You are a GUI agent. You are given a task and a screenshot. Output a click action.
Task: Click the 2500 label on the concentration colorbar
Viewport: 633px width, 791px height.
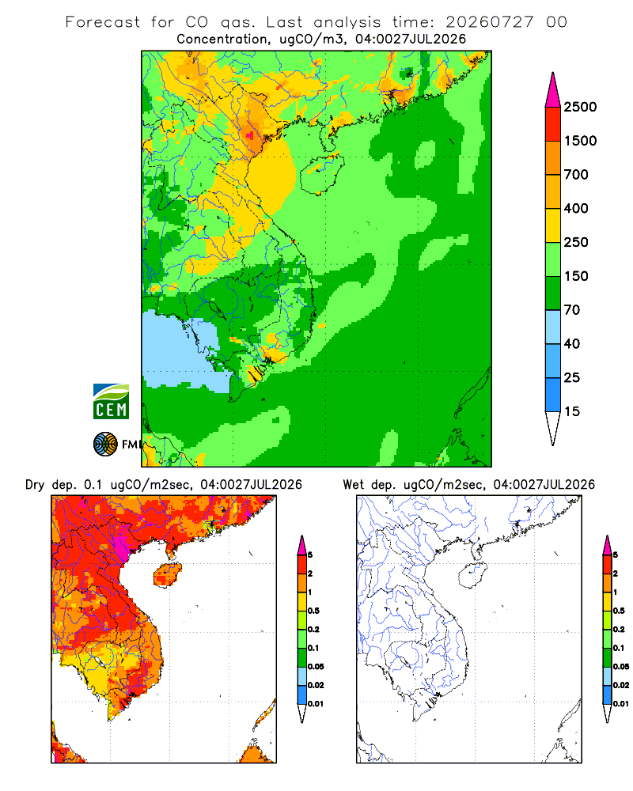(580, 107)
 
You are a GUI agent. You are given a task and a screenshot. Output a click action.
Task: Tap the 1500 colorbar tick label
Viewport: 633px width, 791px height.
(580, 141)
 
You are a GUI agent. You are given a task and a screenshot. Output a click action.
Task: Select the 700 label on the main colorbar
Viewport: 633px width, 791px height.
(576, 175)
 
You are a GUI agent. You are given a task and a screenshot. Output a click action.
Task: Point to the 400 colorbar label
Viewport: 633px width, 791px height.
(576, 208)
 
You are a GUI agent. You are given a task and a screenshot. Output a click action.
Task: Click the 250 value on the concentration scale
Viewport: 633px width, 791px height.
(576, 242)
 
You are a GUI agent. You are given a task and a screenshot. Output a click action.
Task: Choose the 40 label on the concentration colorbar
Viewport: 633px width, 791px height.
(572, 343)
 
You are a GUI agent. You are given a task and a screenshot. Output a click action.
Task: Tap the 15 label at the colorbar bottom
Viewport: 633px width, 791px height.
(572, 411)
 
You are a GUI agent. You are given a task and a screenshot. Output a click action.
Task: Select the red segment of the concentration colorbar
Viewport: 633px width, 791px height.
(553, 123)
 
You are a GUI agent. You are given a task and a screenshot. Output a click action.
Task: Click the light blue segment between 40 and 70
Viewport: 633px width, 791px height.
(553, 327)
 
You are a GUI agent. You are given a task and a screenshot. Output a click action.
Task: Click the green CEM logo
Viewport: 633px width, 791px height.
(111, 402)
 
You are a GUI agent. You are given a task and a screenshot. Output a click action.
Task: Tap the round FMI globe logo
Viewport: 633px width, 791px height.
(105, 445)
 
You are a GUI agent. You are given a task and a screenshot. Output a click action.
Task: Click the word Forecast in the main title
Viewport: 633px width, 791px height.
(103, 22)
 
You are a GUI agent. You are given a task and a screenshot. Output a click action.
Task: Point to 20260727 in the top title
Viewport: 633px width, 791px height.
(489, 22)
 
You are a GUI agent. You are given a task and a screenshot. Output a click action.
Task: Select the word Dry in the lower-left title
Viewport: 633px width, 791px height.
(35, 485)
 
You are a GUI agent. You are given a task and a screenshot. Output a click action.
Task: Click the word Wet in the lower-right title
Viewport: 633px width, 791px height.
(354, 485)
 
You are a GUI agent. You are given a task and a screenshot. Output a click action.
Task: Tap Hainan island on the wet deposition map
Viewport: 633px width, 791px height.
(472, 576)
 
